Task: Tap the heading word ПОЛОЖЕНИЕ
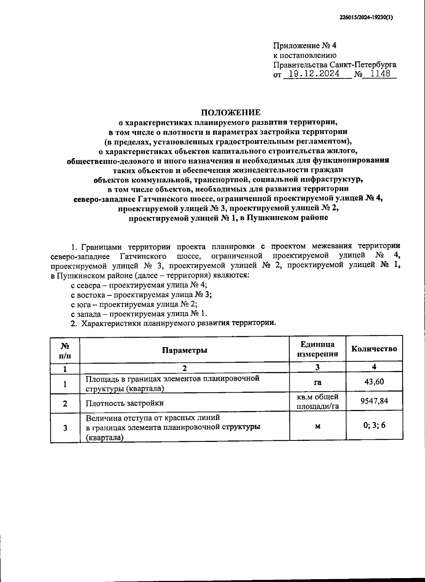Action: pos(231,112)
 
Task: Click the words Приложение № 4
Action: pos(305,46)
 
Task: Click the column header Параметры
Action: pos(185,350)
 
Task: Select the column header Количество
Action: pos(374,348)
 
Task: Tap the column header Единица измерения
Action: pos(318,349)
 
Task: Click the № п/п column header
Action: pos(65,350)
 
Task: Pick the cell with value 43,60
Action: pos(374,382)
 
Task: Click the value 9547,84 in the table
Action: pos(374,401)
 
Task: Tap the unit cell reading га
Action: pos(318,382)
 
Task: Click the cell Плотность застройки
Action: pos(125,403)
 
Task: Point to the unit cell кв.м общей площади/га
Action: pos(318,401)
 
